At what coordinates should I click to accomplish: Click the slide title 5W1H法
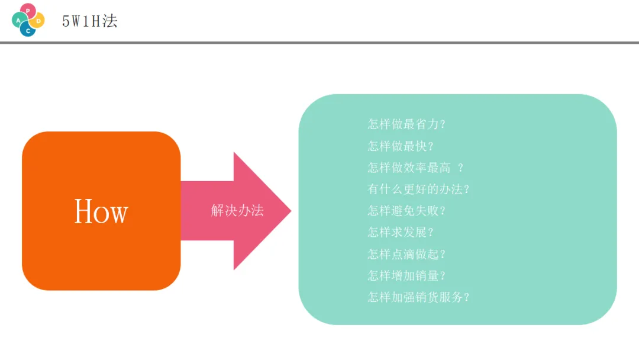coord(90,21)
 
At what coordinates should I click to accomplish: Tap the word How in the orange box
coord(101,211)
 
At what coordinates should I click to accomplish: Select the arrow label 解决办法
coord(237,210)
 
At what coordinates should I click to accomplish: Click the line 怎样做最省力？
coord(406,124)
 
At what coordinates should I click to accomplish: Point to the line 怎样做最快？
coord(401,146)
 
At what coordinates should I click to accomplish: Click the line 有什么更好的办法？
coord(418,189)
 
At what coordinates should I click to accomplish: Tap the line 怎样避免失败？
coord(406,211)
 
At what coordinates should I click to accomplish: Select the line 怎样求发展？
coord(401,232)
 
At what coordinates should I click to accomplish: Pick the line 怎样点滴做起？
coord(406,254)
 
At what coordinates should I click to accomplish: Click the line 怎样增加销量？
coord(406,275)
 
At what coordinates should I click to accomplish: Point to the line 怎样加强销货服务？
coord(418,297)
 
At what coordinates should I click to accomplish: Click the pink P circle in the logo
coord(28,11)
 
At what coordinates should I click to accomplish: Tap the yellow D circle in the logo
coord(38,21)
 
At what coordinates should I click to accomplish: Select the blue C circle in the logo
coord(28,30)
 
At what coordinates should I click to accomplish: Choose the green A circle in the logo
coord(19,20)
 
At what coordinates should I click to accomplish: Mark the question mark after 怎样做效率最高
coord(461,168)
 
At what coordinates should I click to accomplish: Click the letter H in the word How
coord(83,211)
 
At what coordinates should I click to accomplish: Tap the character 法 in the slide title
coord(110,21)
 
